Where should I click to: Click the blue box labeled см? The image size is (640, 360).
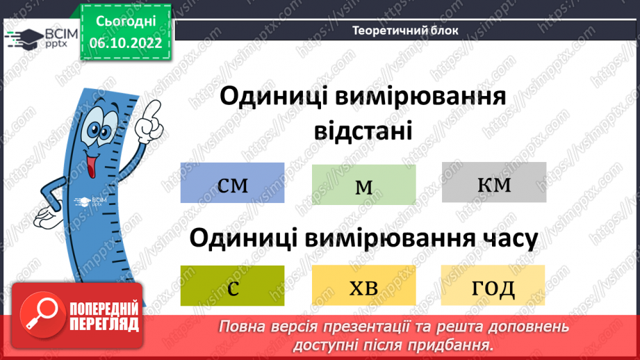point(232,183)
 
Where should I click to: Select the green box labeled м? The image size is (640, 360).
point(363,186)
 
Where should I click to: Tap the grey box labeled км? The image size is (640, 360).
point(494,183)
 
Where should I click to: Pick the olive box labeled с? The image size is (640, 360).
point(232,286)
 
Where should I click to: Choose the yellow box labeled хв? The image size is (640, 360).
point(363,286)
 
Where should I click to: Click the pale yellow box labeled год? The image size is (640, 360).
point(493,286)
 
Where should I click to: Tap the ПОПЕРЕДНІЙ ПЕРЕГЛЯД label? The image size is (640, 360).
point(104,316)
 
